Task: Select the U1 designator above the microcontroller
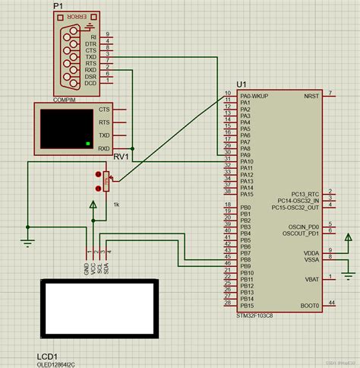[242, 84]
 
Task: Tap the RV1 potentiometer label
[122, 157]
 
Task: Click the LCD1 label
[49, 355]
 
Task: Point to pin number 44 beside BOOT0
[331, 303]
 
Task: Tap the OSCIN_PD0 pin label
[302, 227]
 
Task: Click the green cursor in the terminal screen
[88, 143]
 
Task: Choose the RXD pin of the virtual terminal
[103, 148]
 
